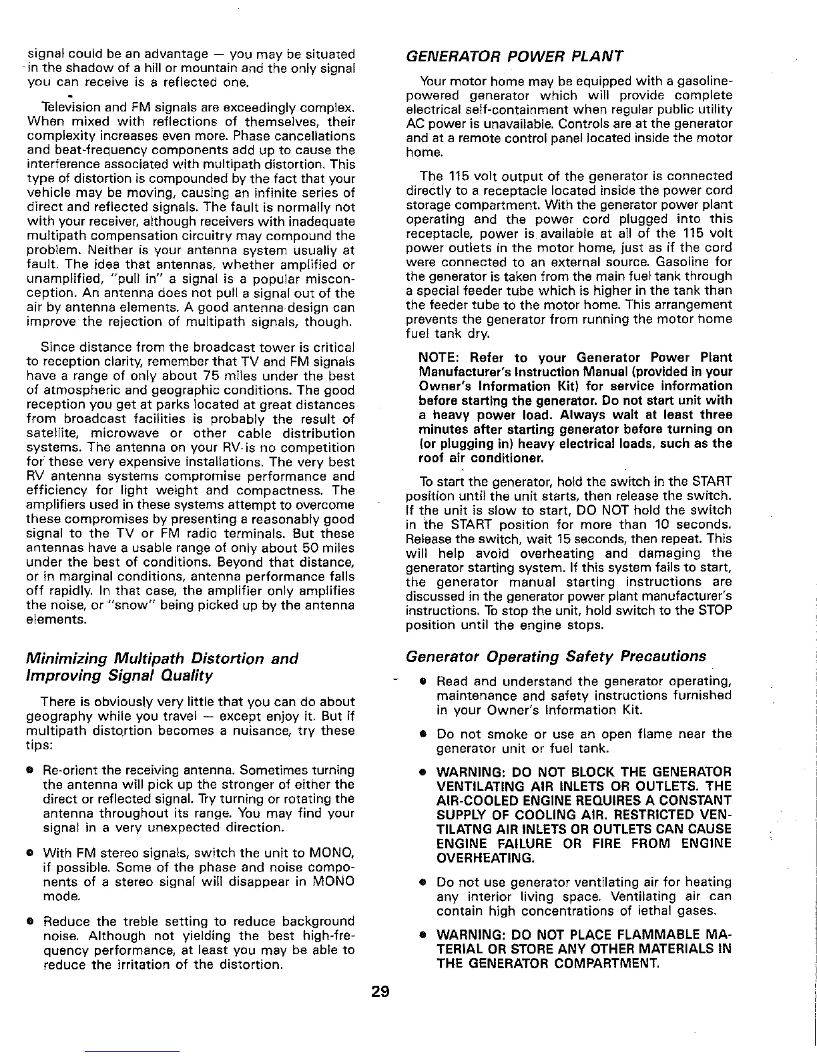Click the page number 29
381,990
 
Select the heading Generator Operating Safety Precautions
556,656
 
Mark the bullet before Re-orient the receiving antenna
31,769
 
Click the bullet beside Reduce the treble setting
31,922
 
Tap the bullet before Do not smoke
423,735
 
